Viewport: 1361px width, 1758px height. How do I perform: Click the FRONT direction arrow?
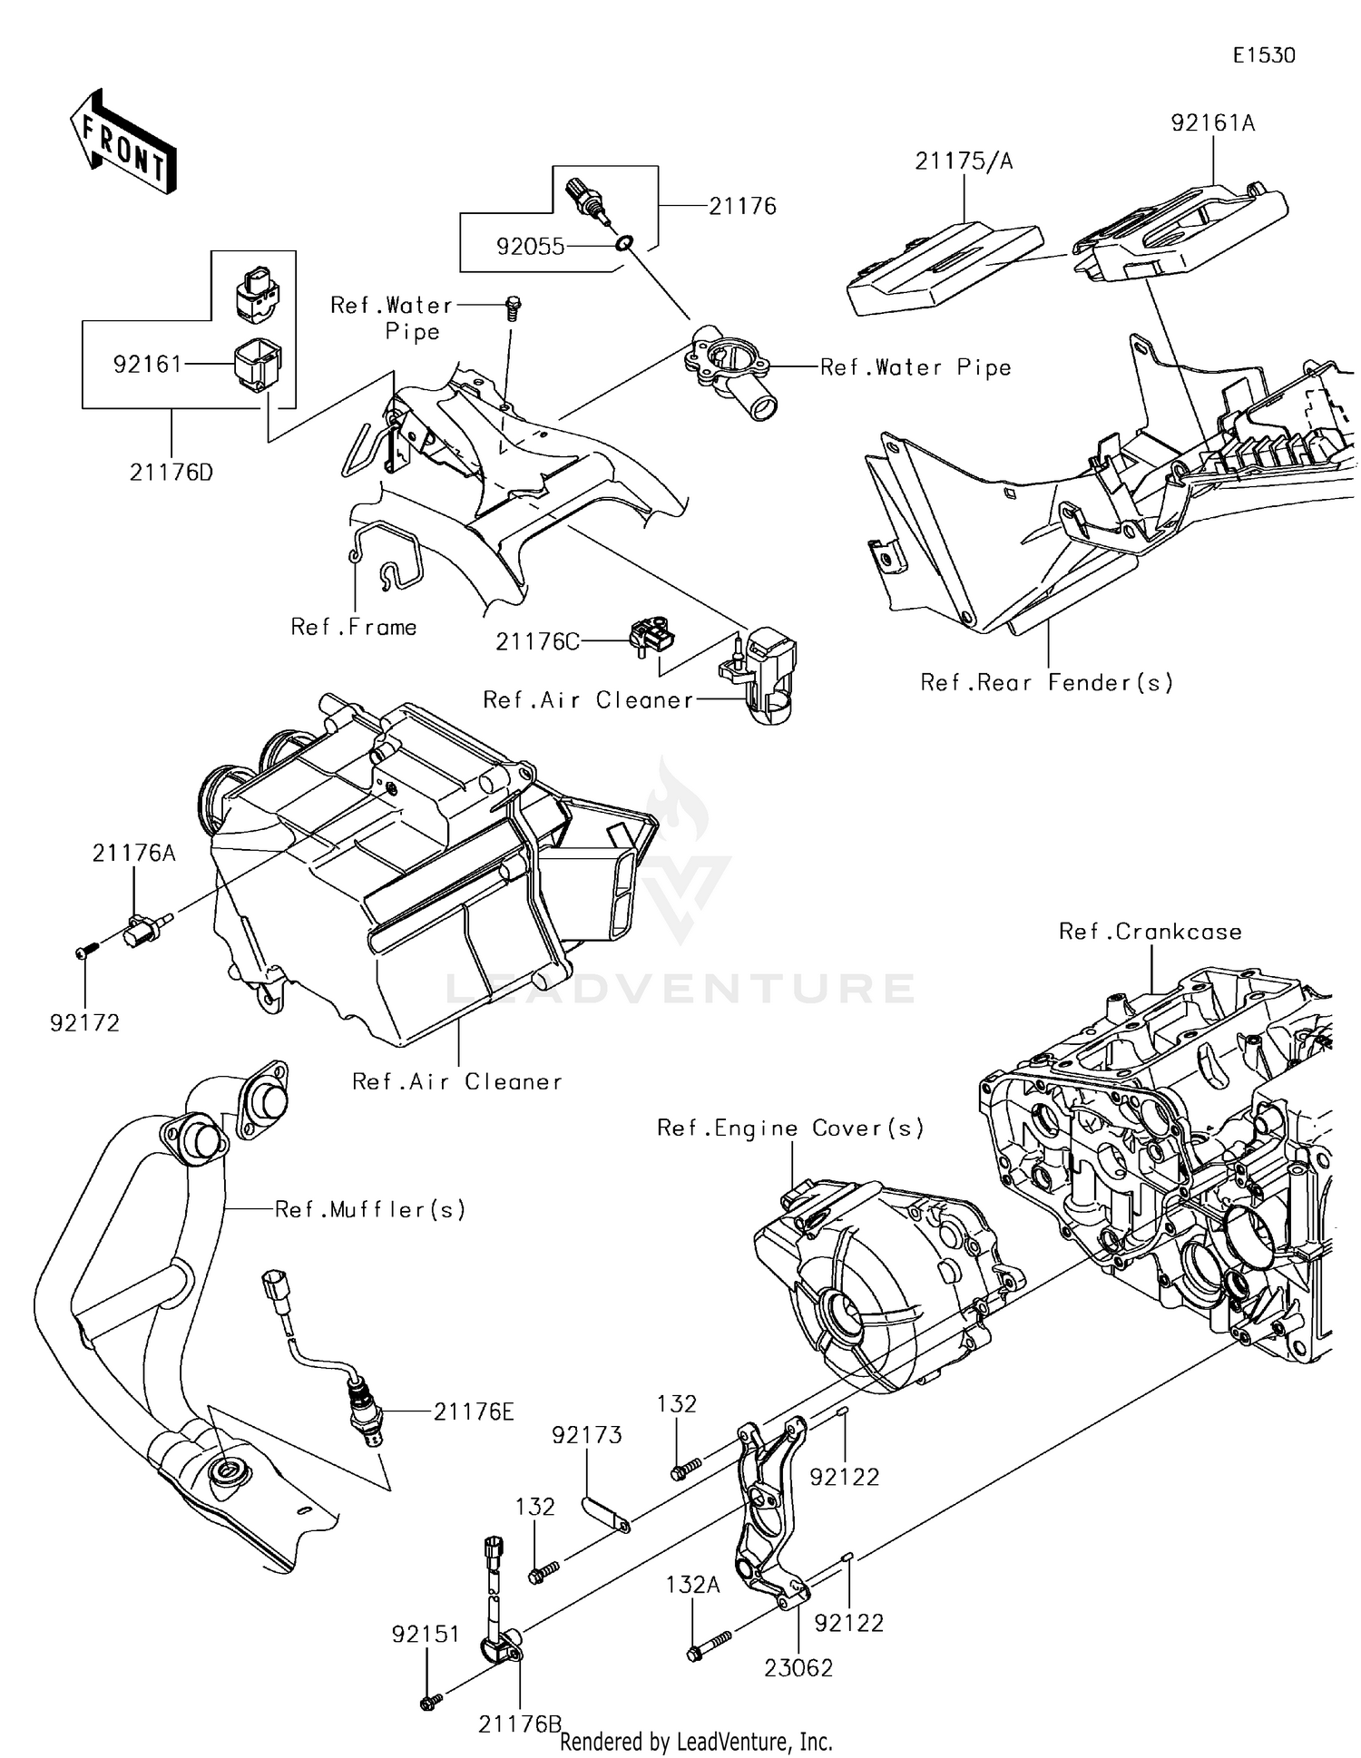tap(122, 143)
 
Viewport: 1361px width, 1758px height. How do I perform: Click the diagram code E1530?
tap(1263, 55)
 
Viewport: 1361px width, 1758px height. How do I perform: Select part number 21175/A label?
tap(963, 161)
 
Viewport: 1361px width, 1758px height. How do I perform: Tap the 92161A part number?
tap(1212, 122)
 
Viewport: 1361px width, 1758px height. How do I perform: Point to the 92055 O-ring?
tap(624, 243)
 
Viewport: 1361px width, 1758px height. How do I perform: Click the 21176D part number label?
tap(171, 473)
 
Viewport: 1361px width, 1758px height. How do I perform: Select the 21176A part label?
tap(133, 853)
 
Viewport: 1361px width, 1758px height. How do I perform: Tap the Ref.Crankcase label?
tap(1150, 932)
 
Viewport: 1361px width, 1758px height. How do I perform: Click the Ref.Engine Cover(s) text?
tap(790, 1128)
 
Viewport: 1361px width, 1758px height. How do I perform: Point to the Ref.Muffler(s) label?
tap(370, 1209)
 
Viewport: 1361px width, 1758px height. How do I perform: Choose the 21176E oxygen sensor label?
tap(474, 1411)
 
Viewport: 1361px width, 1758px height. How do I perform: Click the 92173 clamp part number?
tap(587, 1435)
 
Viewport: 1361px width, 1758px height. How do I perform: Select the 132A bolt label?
tap(692, 1585)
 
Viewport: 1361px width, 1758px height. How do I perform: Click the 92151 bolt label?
tap(426, 1634)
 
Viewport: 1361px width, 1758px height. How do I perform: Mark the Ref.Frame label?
tap(354, 627)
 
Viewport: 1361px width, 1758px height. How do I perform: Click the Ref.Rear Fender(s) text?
tap(1046, 682)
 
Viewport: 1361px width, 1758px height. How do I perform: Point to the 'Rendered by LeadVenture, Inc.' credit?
tap(696, 1741)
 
